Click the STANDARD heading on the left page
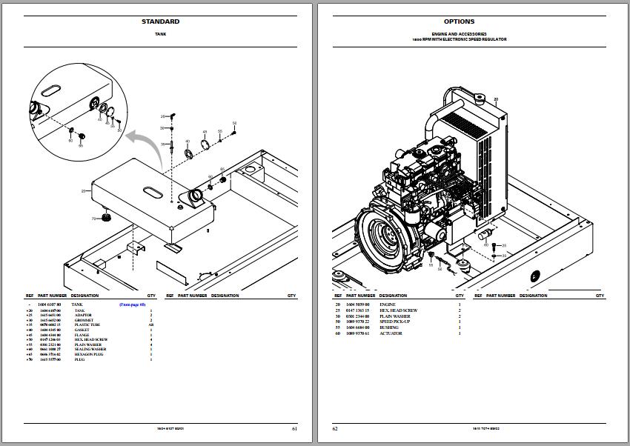(x=160, y=21)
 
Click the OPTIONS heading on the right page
(x=459, y=21)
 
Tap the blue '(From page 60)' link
(x=133, y=304)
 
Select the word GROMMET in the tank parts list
(x=84, y=320)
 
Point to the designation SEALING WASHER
(x=88, y=349)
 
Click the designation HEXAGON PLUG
(x=87, y=354)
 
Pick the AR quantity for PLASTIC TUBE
(x=150, y=325)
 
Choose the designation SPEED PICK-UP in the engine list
(x=393, y=322)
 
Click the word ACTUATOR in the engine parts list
(x=391, y=333)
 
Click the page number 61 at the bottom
(x=294, y=428)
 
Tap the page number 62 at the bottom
(x=335, y=428)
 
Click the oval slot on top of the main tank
(x=150, y=191)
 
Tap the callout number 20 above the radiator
(x=496, y=99)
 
